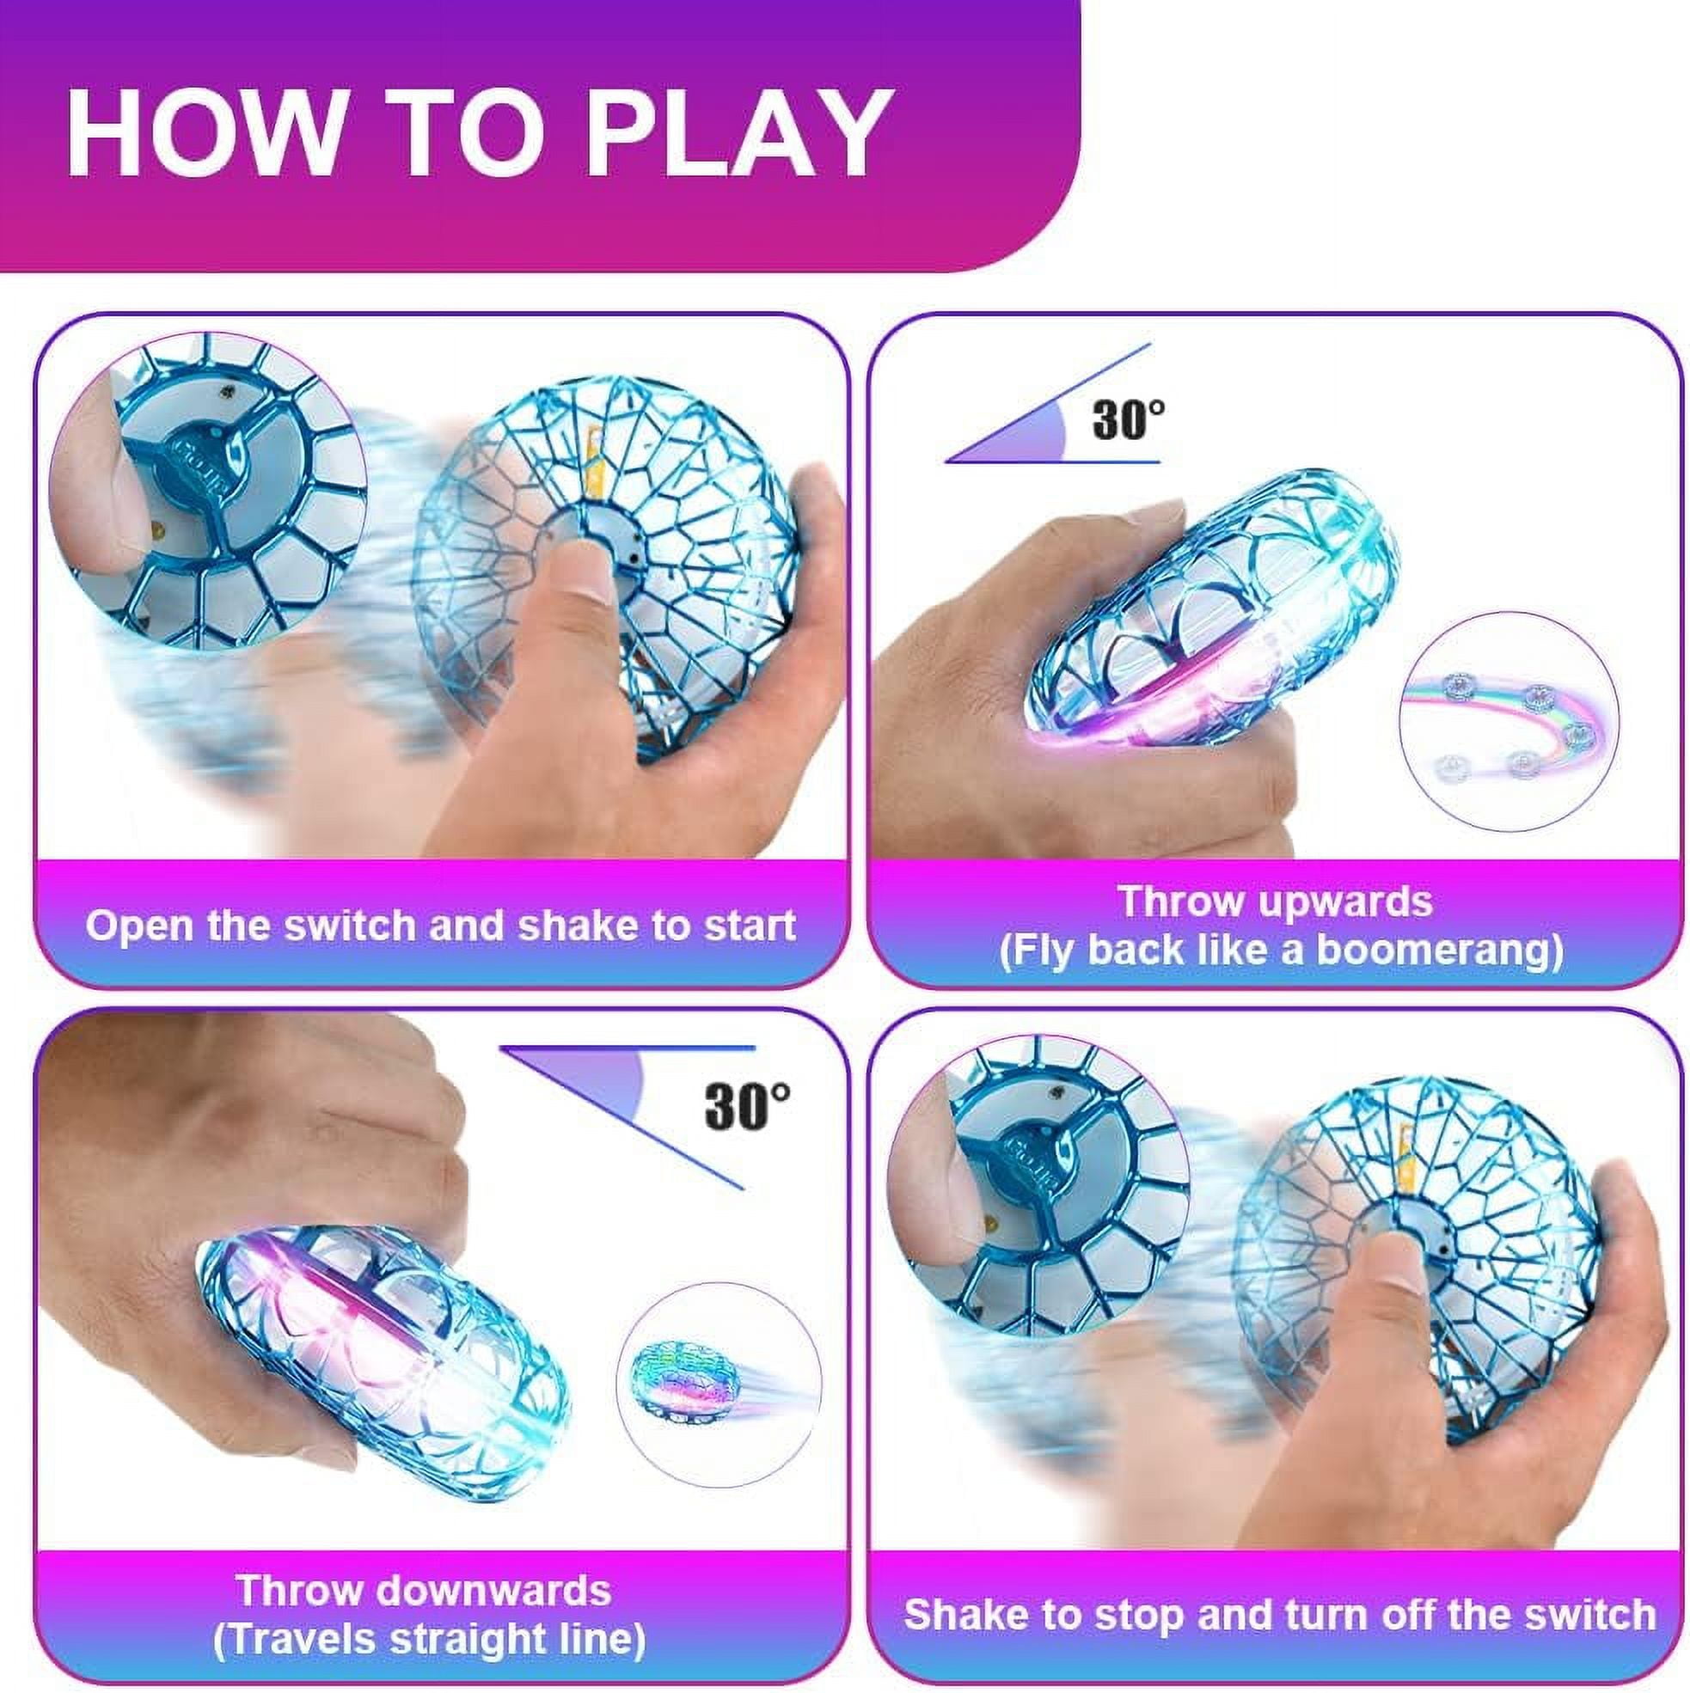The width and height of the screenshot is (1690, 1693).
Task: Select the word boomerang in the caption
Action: (1440, 950)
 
